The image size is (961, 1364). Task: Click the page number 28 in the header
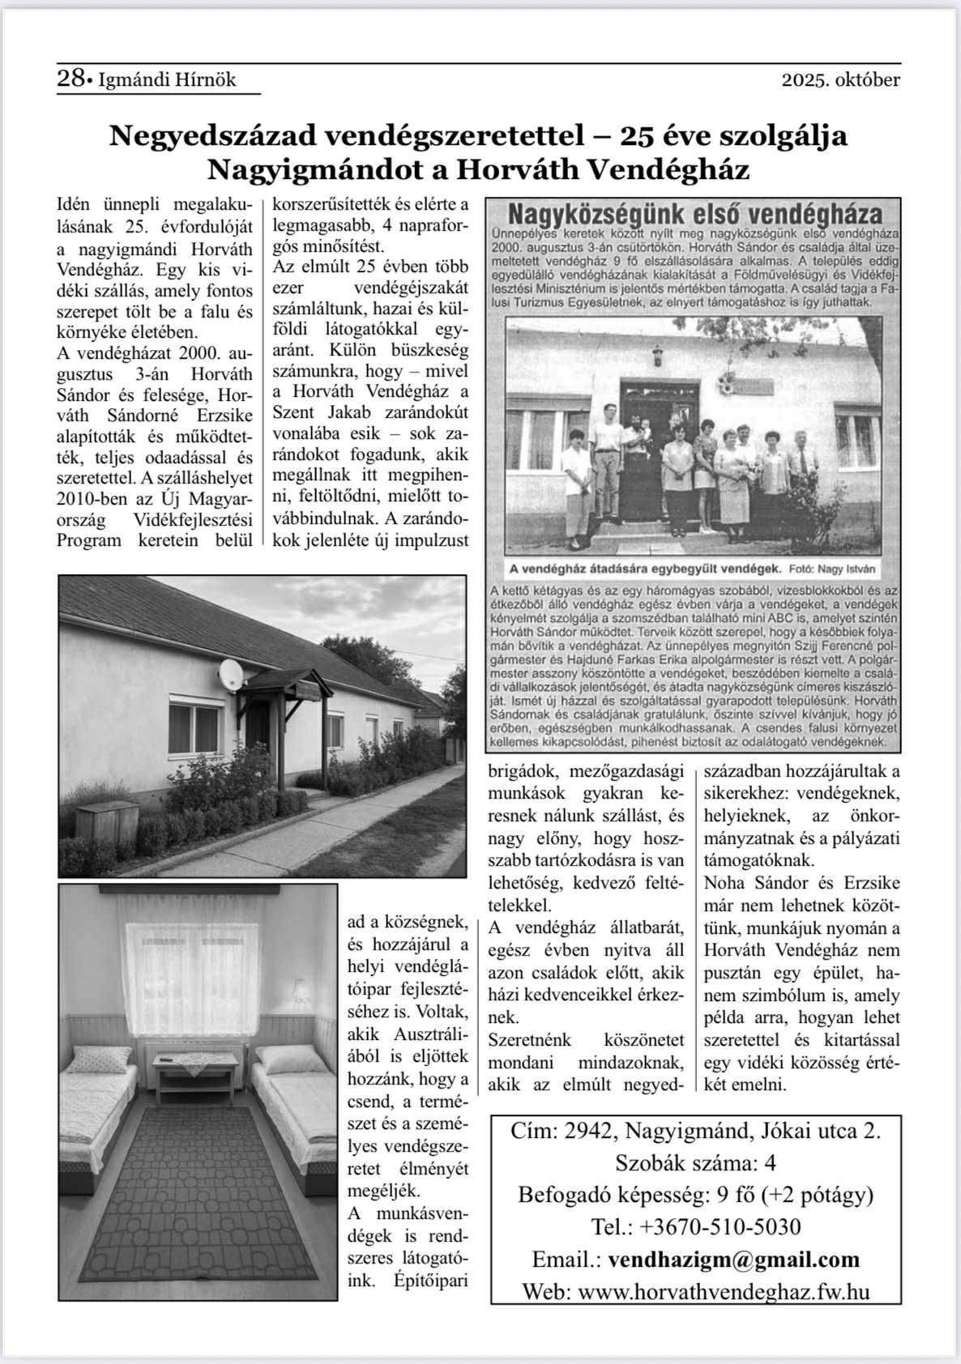tap(71, 79)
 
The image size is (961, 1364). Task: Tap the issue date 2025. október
tap(840, 80)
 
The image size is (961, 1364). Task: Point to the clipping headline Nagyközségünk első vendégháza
tap(694, 215)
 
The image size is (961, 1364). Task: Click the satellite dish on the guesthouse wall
tap(229, 674)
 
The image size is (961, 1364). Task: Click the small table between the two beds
tap(197, 1073)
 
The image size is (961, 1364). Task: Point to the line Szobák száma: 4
tap(695, 1163)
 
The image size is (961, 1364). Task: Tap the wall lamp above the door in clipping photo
tap(658, 354)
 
